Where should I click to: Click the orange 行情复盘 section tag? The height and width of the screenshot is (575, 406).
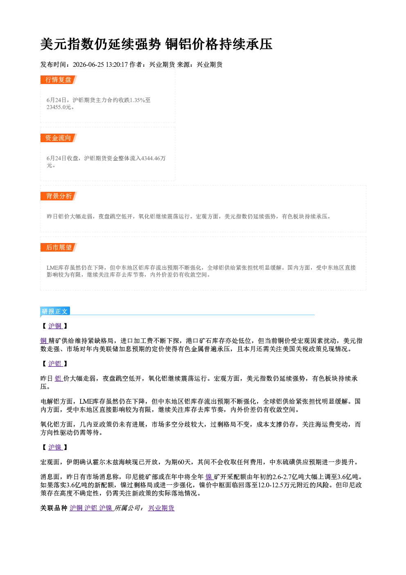(x=59, y=80)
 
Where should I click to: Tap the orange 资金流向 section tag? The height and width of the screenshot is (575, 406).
(x=59, y=138)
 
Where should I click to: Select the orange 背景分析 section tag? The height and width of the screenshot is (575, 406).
(x=59, y=196)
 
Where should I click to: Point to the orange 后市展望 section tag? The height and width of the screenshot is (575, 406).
(x=59, y=248)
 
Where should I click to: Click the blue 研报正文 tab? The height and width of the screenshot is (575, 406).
(x=55, y=311)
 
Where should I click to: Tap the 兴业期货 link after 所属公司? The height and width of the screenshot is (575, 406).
(x=162, y=508)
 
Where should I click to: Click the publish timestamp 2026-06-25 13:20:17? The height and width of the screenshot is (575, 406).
(x=100, y=65)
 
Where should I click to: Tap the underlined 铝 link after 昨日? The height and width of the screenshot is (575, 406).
(x=59, y=379)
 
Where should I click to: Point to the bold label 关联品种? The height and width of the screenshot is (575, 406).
(x=54, y=508)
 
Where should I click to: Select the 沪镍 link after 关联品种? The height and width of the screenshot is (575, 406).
(x=106, y=508)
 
